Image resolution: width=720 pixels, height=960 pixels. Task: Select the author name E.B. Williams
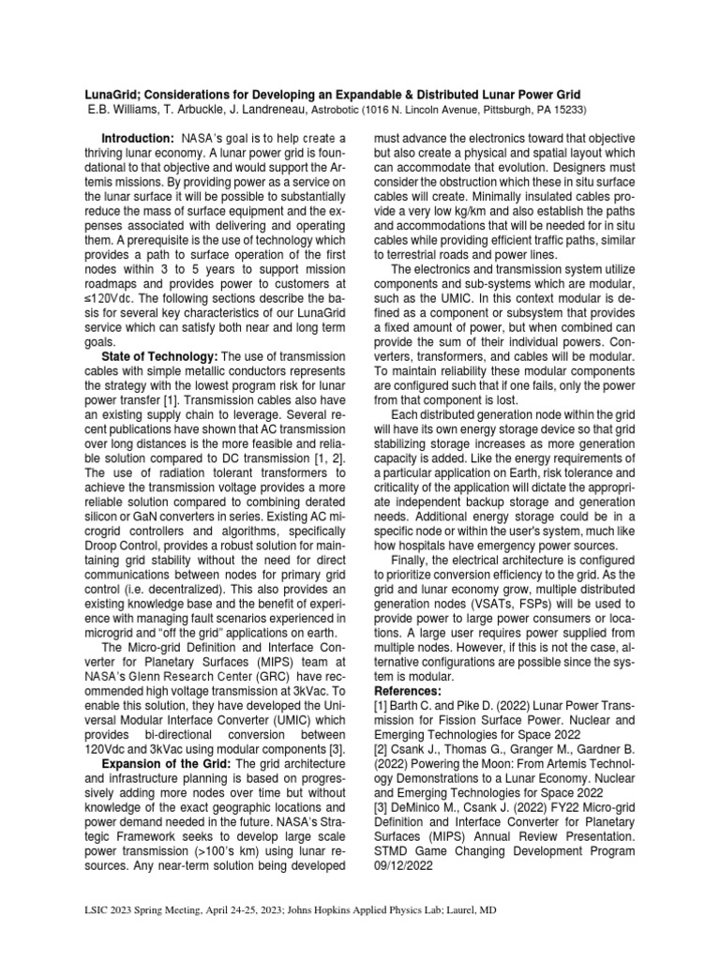pyautogui.click(x=106, y=110)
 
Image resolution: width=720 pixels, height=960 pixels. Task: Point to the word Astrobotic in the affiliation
pyautogui.click(x=339, y=110)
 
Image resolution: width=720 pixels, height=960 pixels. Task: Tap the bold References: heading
pyautogui.click(x=413, y=692)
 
